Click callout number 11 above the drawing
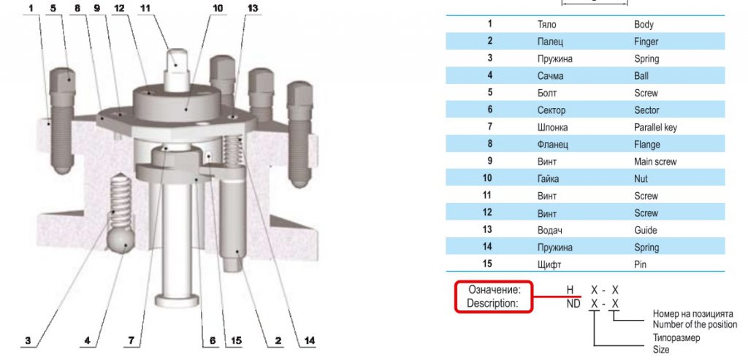[145, 9]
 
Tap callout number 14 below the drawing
[309, 340]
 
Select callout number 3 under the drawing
[28, 340]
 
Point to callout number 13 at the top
[252, 9]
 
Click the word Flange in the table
[647, 145]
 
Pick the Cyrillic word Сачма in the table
[551, 76]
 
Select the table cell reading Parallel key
[655, 127]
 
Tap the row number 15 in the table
[487, 263]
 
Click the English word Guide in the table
[646, 230]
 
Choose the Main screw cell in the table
[655, 161]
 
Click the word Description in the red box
[492, 303]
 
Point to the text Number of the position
[695, 325]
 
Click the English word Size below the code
[660, 350]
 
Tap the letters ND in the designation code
[573, 303]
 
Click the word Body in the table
[644, 24]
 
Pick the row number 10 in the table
[487, 178]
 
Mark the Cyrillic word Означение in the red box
[495, 290]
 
